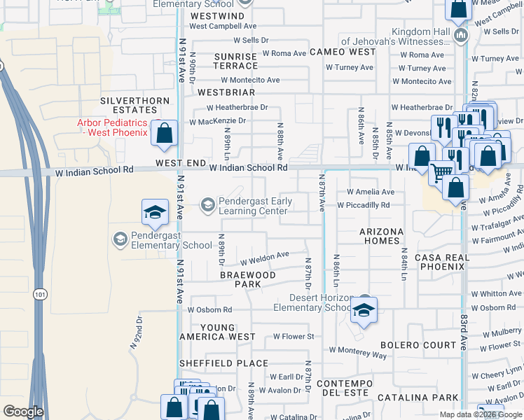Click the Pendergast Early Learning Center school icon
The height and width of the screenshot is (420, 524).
(207, 205)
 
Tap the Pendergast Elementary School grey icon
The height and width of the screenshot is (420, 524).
(120, 239)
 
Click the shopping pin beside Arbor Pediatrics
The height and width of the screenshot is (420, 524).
(165, 133)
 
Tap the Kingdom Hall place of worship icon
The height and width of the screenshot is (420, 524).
(461, 36)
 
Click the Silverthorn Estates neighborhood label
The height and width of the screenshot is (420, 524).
(135, 105)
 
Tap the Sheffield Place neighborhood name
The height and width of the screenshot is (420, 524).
(223, 363)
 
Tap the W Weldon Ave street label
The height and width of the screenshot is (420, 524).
(265, 255)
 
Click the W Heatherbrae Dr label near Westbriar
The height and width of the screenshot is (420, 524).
(237, 108)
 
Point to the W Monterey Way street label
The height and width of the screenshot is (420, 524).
(357, 352)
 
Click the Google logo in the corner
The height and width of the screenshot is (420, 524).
(23, 412)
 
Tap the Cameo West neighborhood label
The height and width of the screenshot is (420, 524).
(343, 52)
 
